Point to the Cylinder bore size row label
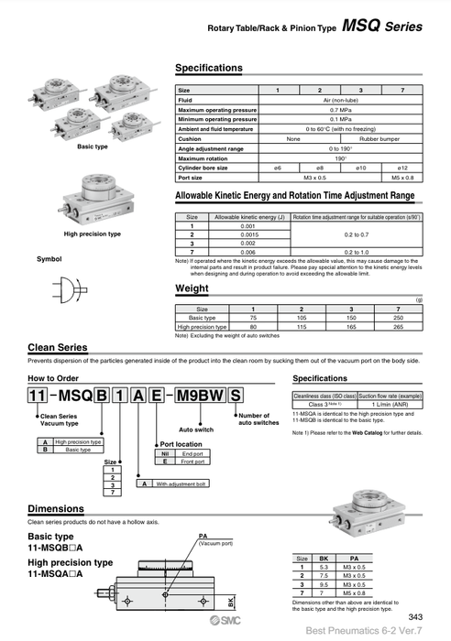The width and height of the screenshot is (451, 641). [x=206, y=167]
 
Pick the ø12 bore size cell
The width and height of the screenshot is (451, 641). [x=401, y=167]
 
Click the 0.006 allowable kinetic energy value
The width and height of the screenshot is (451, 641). [x=248, y=250]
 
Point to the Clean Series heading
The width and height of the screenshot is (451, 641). [x=58, y=348]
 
